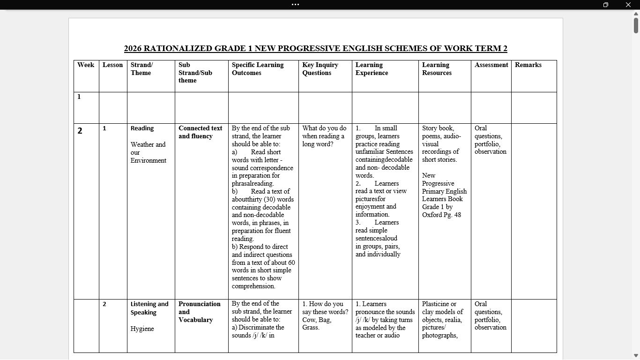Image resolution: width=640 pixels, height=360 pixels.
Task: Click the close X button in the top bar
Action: tap(628, 5)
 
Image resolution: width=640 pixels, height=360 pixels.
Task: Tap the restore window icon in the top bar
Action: tap(606, 5)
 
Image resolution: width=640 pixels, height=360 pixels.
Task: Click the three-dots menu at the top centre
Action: tap(295, 5)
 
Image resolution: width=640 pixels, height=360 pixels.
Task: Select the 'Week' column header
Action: tap(86, 65)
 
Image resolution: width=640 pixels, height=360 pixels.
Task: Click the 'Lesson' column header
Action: tap(112, 65)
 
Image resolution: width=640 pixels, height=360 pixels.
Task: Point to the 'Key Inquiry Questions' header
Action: tap(320, 69)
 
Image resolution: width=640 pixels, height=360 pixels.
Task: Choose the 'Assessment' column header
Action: tap(491, 65)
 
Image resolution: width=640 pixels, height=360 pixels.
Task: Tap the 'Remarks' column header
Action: tap(528, 65)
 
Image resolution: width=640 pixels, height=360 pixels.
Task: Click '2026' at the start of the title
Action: tap(133, 48)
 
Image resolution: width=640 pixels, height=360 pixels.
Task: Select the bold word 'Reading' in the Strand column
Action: tap(142, 128)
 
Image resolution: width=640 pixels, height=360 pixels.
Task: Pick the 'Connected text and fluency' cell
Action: tap(200, 132)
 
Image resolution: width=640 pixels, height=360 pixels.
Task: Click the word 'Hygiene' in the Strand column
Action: tap(142, 329)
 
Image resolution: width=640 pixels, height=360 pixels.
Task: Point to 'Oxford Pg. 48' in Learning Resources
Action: tap(441, 215)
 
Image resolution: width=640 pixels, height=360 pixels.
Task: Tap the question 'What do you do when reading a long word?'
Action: tap(324, 136)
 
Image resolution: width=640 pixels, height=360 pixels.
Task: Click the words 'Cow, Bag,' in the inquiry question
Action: tap(317, 320)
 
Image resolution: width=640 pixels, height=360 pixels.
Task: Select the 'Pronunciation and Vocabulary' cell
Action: tap(199, 312)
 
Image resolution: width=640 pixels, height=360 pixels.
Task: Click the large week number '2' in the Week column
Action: tap(80, 131)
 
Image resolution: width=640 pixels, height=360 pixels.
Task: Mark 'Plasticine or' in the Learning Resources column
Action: tap(439, 304)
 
